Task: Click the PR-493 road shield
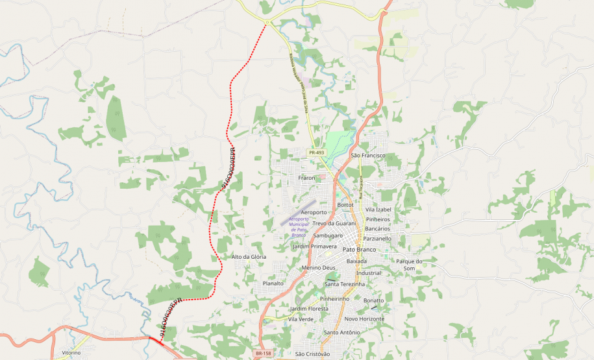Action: click(x=316, y=152)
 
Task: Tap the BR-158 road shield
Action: click(x=263, y=354)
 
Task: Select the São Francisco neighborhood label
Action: click(x=368, y=156)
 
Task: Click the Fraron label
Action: click(x=306, y=178)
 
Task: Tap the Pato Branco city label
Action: click(x=359, y=250)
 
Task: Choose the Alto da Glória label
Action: click(x=249, y=258)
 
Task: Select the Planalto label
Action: click(x=273, y=283)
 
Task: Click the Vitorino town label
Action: click(x=71, y=353)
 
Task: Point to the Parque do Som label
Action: click(x=409, y=265)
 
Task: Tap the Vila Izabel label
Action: click(x=378, y=210)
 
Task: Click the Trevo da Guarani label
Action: click(x=334, y=223)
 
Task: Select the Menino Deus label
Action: click(x=318, y=268)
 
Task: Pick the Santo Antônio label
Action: click(x=341, y=333)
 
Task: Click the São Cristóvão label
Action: click(x=312, y=354)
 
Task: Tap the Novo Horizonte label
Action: click(x=364, y=318)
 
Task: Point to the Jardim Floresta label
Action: click(x=309, y=309)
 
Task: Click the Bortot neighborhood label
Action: click(x=345, y=204)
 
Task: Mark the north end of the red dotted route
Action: click(x=266, y=23)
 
